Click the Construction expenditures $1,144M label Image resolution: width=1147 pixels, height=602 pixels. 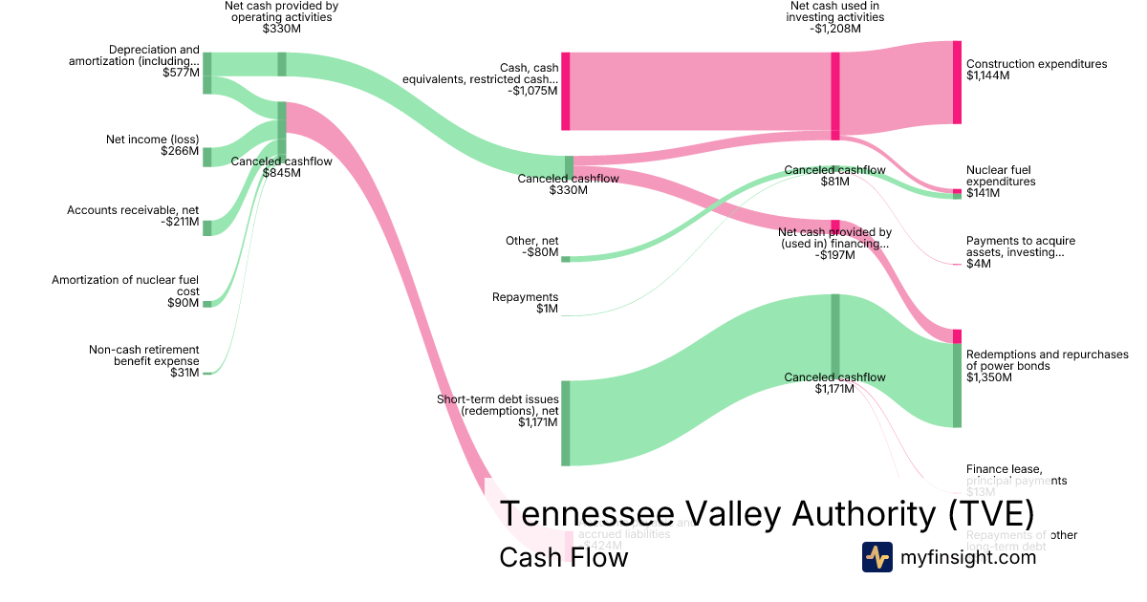click(x=1036, y=70)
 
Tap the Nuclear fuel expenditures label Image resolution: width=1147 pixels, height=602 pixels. click(x=1001, y=182)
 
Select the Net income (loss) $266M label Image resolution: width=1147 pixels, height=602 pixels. click(x=152, y=145)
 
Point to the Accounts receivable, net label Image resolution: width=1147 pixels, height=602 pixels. click(x=133, y=216)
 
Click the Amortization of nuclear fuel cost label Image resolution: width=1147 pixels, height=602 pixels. click(x=125, y=291)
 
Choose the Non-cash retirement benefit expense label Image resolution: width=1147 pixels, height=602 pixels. click(x=143, y=361)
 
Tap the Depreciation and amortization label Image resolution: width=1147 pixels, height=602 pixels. click(x=134, y=61)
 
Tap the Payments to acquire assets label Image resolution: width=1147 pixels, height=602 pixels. click(x=1015, y=252)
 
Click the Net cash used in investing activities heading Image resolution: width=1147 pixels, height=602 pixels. click(x=835, y=16)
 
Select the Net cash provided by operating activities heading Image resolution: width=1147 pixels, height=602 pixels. click(x=281, y=16)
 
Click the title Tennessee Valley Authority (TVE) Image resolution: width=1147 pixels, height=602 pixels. click(x=767, y=514)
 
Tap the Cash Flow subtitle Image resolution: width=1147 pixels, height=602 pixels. click(x=563, y=558)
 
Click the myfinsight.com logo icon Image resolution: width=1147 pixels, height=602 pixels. click(x=876, y=558)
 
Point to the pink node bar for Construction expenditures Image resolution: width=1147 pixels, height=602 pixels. click(x=957, y=82)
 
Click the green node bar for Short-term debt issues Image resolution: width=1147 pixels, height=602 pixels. click(x=565, y=423)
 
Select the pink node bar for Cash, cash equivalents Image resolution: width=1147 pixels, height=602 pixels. click(x=565, y=91)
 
